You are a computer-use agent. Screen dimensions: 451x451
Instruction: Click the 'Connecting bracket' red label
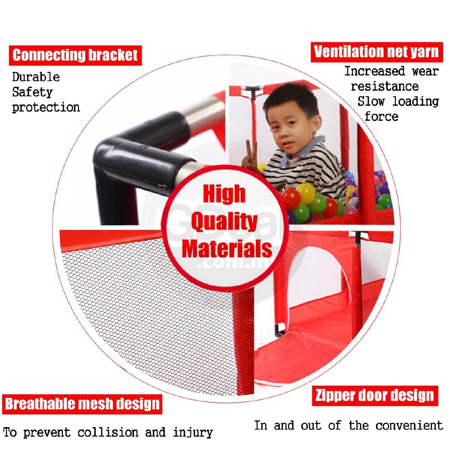[75, 55]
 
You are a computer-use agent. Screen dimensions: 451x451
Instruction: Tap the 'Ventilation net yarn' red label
[377, 52]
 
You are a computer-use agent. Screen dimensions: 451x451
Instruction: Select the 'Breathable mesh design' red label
[82, 404]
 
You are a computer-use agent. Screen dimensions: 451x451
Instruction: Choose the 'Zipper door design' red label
[375, 396]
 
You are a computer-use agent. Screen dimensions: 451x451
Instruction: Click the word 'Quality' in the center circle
[224, 222]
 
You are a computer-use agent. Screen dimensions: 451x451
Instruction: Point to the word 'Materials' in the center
[227, 248]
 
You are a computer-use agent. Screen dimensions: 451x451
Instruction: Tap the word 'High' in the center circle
[224, 194]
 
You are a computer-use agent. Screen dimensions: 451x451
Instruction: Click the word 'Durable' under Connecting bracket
[36, 77]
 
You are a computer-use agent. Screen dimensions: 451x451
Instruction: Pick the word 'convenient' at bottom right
[409, 425]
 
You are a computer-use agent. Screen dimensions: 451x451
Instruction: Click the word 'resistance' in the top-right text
[385, 86]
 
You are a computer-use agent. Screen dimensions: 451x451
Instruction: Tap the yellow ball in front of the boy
[306, 193]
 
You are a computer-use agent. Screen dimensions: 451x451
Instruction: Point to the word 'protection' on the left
[46, 107]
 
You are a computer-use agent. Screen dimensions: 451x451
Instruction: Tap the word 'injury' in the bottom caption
[193, 433]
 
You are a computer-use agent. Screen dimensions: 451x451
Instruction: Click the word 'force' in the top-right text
[381, 116]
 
